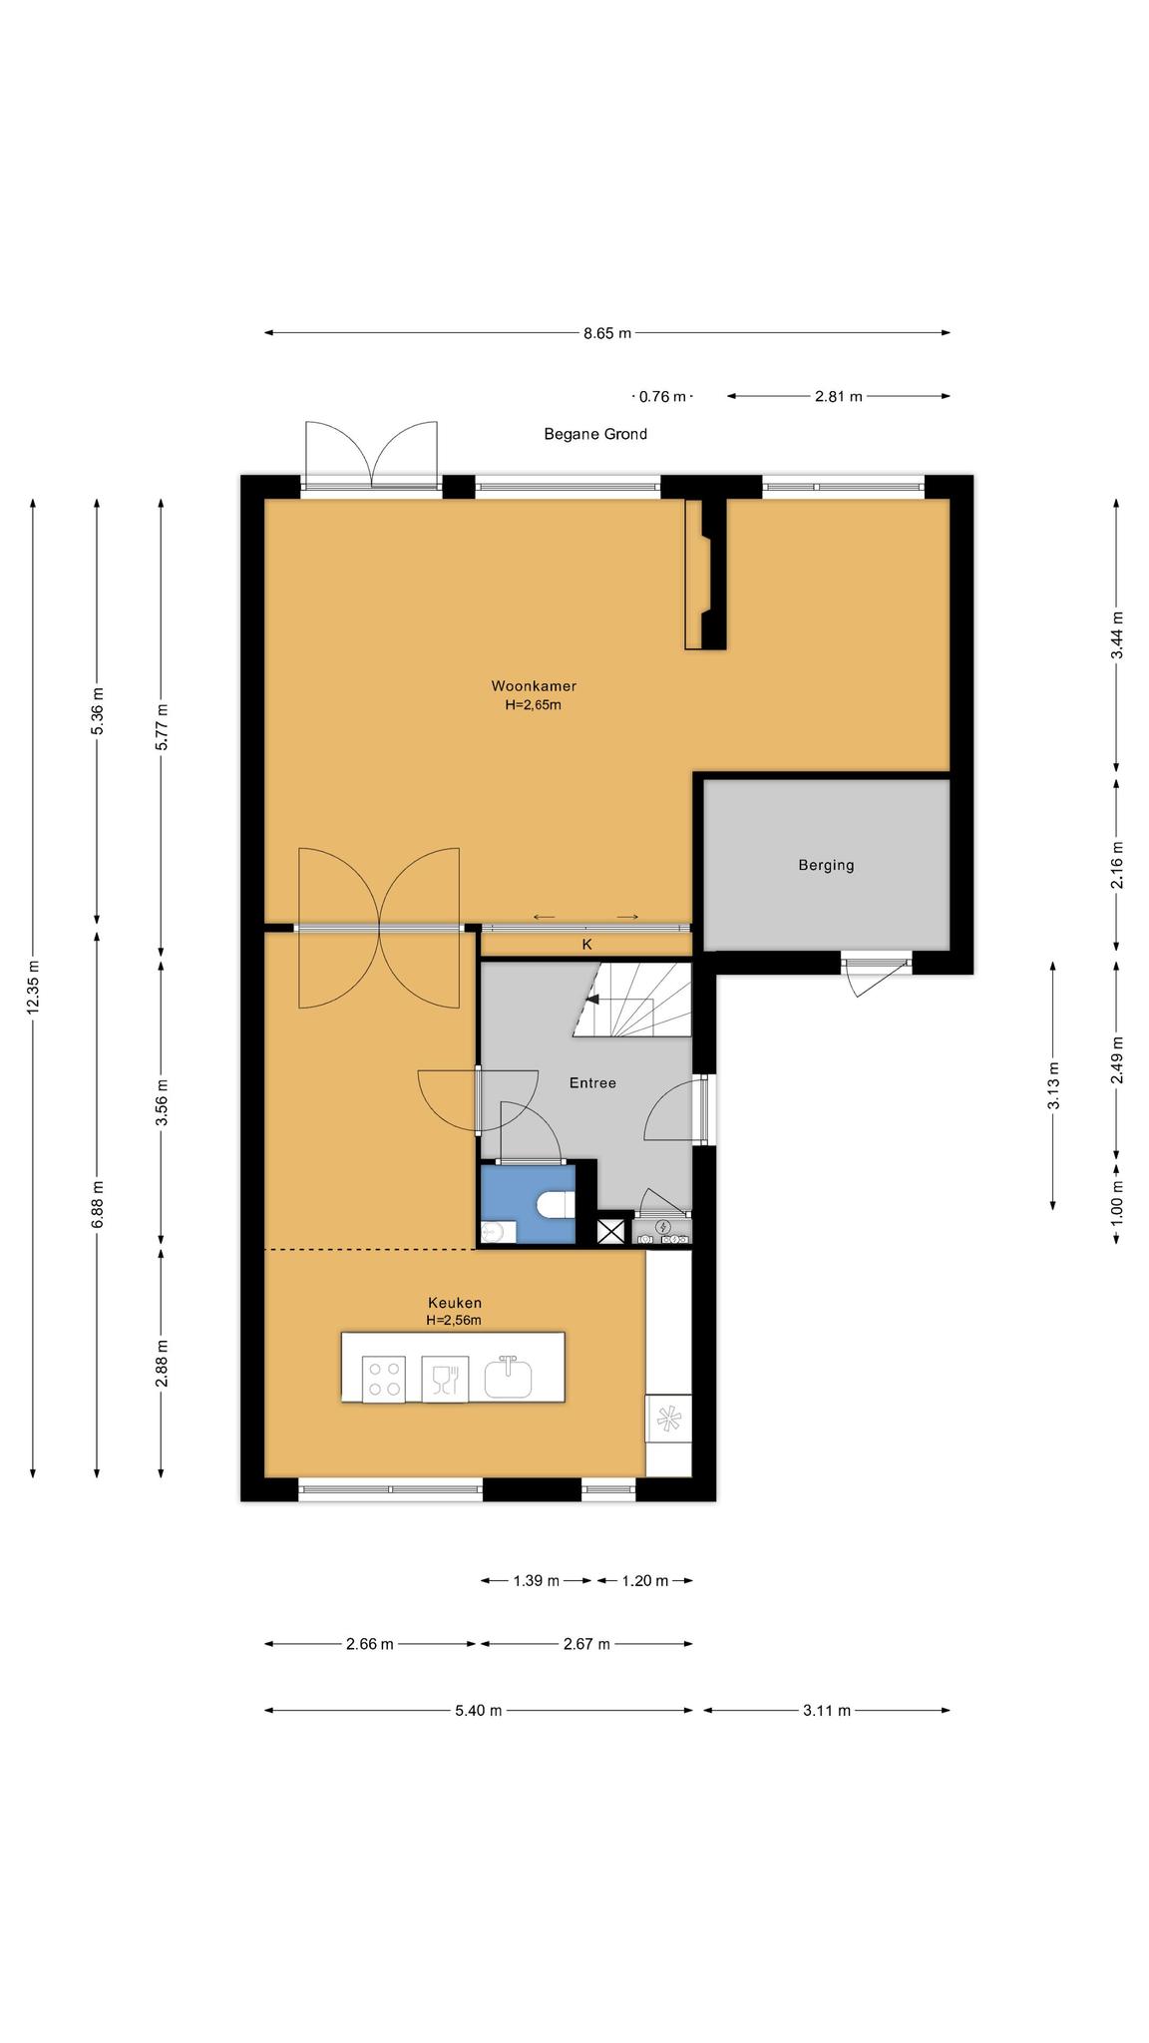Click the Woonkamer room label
click(x=534, y=685)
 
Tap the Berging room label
click(x=826, y=865)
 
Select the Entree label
click(x=592, y=1082)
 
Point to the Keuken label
click(x=455, y=1302)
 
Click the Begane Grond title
click(x=595, y=434)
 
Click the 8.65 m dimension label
click(x=607, y=333)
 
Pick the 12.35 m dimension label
click(x=33, y=988)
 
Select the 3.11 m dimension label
click(x=827, y=1710)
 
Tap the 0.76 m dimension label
click(x=662, y=396)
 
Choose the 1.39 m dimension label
click(x=537, y=1580)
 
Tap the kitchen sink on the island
click(x=508, y=1378)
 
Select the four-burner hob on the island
click(x=384, y=1380)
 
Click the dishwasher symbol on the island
click(x=445, y=1380)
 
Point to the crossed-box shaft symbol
click(x=609, y=1231)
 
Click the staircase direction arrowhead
click(x=591, y=998)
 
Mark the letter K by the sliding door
click(x=587, y=944)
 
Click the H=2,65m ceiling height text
click(x=534, y=704)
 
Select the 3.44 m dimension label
click(x=1117, y=634)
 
